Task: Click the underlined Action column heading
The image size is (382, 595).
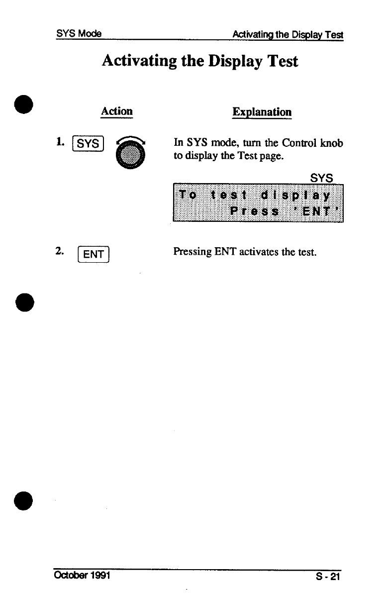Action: [116, 111]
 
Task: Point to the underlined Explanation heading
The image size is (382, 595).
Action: [262, 111]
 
